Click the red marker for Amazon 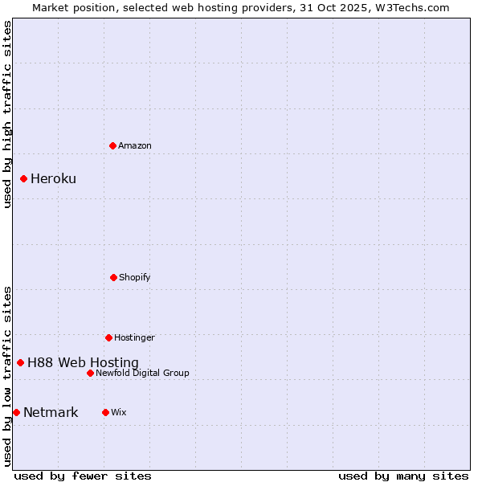pyautogui.click(x=112, y=145)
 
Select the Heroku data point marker pyautogui.click(x=23, y=178)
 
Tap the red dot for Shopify pyautogui.click(x=113, y=277)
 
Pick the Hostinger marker pyautogui.click(x=108, y=337)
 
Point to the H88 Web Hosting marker pyautogui.click(x=20, y=362)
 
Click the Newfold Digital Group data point pyautogui.click(x=90, y=373)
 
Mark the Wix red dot pyautogui.click(x=105, y=412)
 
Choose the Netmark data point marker pyautogui.click(x=16, y=412)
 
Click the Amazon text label pyautogui.click(x=135, y=145)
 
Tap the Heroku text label pyautogui.click(x=53, y=178)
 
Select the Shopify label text pyautogui.click(x=135, y=277)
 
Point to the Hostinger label pyautogui.click(x=134, y=337)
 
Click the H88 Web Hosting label pyautogui.click(x=83, y=362)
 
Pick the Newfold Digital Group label pyautogui.click(x=142, y=373)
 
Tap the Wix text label pyautogui.click(x=119, y=412)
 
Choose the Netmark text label pyautogui.click(x=51, y=412)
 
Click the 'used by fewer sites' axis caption pyautogui.click(x=83, y=476)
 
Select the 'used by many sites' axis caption pyautogui.click(x=403, y=476)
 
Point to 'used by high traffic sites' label pyautogui.click(x=7, y=114)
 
